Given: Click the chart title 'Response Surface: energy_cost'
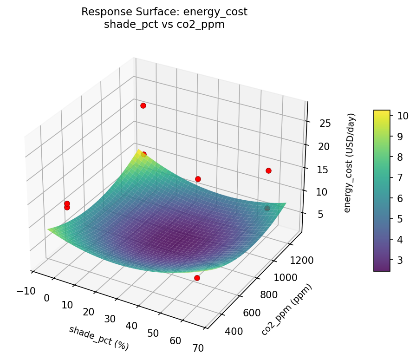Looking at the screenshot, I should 164,12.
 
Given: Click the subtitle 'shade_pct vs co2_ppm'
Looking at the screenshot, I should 164,25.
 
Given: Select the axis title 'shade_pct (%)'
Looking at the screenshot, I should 98,338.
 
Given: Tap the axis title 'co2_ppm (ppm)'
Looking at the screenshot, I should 286,309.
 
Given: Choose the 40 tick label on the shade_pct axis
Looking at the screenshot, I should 131,326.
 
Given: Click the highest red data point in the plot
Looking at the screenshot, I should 143,105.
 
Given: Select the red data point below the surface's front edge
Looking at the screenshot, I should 197,278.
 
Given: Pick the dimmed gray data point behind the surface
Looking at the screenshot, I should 267,208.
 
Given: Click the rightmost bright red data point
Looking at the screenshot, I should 268,170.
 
